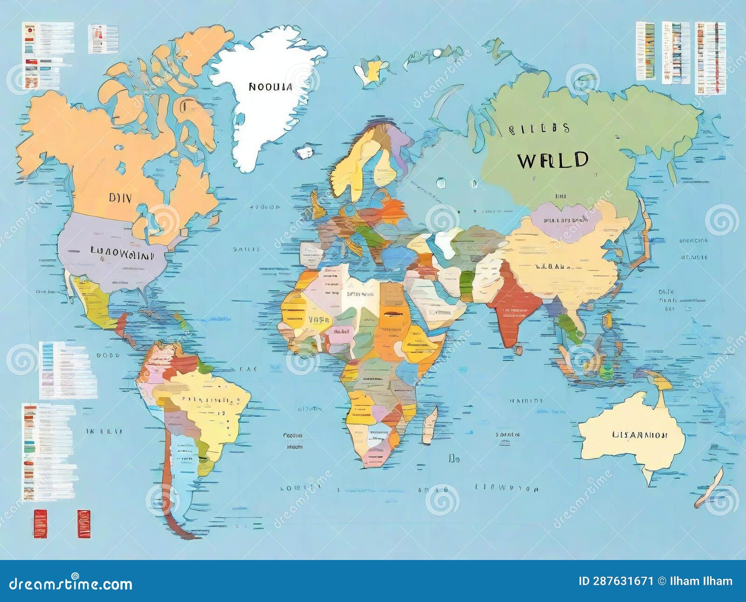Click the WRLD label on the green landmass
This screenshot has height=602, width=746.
click(553, 160)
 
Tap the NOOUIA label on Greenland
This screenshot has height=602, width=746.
click(270, 87)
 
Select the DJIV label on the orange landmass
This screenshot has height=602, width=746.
click(120, 197)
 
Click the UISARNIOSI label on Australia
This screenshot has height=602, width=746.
click(639, 435)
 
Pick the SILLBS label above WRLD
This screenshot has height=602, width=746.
click(539, 129)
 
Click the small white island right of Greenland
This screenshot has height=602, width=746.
click(305, 152)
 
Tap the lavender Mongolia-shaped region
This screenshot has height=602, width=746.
click(564, 222)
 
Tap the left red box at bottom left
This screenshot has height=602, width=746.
click(41, 524)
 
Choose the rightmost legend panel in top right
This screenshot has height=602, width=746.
click(710, 57)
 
